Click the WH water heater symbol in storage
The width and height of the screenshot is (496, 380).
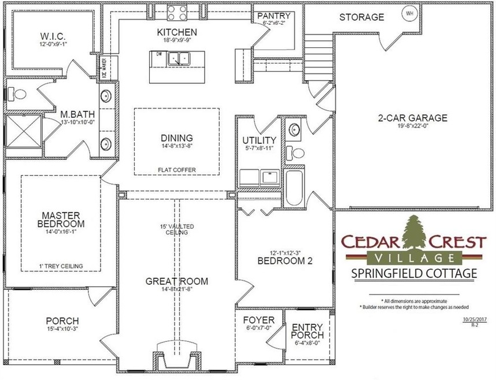tap(410, 13)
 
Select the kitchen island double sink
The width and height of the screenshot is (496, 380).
tap(179, 58)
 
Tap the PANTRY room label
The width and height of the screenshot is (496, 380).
tap(274, 16)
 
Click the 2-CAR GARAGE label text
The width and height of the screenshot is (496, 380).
tap(413, 118)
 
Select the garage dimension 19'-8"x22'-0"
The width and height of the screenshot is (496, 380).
tap(413, 127)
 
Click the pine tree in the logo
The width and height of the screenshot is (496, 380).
tap(415, 234)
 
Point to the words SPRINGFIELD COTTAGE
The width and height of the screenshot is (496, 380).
tap(414, 272)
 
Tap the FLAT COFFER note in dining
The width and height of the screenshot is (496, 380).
tap(177, 170)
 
